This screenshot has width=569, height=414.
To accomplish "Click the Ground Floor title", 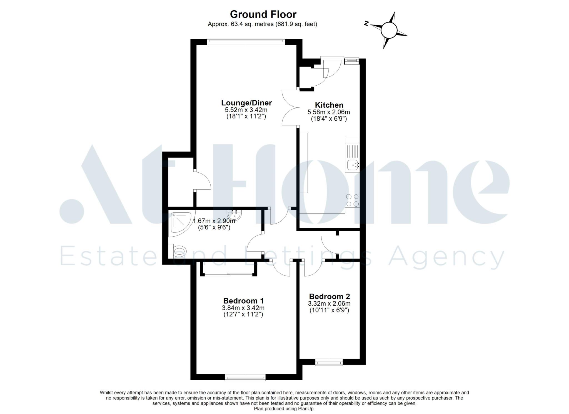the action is pyautogui.click(x=263, y=14).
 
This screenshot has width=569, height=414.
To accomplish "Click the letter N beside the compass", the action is pyautogui.click(x=366, y=24).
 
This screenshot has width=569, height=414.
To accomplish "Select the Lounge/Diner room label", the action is pyautogui.click(x=246, y=103).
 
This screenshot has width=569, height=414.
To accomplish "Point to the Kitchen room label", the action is pyautogui.click(x=329, y=105).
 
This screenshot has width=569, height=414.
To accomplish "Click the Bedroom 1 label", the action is pyautogui.click(x=243, y=301).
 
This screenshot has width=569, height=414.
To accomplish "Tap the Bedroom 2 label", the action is pyautogui.click(x=330, y=296).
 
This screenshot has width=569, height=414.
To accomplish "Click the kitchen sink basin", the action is pyautogui.click(x=352, y=165).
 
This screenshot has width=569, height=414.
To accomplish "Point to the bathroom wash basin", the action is pyautogui.click(x=234, y=214).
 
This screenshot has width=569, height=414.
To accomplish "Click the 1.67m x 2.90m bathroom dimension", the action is pyautogui.click(x=214, y=221).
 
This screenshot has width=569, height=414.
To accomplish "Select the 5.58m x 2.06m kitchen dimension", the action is pyautogui.click(x=329, y=112).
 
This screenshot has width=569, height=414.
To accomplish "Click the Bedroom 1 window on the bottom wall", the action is pyautogui.click(x=245, y=377).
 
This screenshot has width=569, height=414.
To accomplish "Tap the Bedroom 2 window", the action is pyautogui.click(x=329, y=362).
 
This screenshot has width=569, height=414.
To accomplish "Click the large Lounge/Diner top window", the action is pyautogui.click(x=246, y=41).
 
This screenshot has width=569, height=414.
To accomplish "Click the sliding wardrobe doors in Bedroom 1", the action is pyautogui.click(x=228, y=275).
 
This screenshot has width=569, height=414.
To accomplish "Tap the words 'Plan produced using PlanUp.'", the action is pyautogui.click(x=284, y=409).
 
